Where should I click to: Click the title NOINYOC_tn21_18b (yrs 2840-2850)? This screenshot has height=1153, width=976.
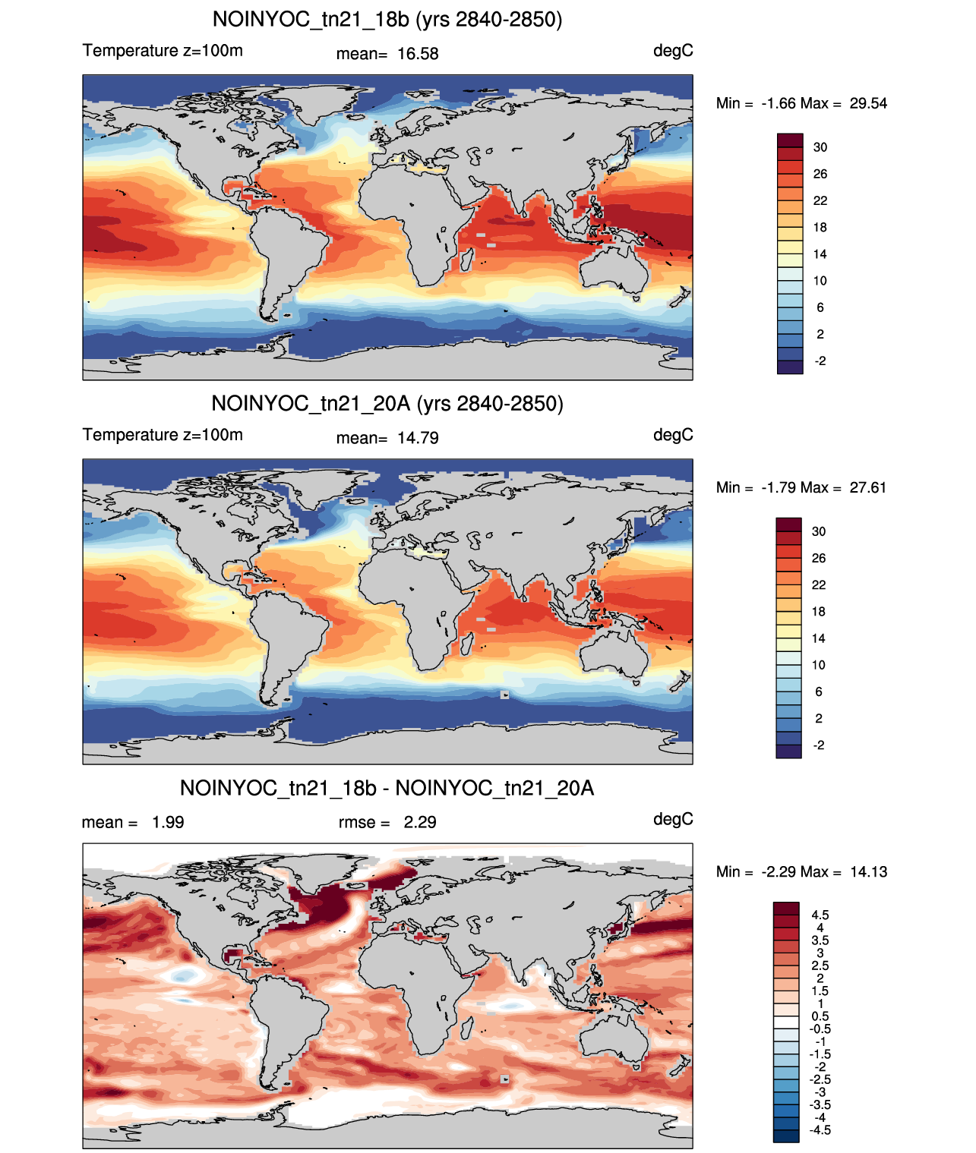[387, 20]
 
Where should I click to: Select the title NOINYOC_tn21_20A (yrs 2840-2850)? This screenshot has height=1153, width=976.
[387, 404]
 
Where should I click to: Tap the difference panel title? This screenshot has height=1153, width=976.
[387, 788]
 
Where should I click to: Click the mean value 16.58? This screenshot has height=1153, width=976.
[418, 54]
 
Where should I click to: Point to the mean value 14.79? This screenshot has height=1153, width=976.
[418, 439]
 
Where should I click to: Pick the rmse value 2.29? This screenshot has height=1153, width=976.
[420, 823]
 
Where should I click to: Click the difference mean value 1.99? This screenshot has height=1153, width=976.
[168, 823]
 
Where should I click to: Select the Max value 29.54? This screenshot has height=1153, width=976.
[868, 104]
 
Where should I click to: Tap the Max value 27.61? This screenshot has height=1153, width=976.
[867, 488]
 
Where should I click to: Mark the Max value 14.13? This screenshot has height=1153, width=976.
[868, 872]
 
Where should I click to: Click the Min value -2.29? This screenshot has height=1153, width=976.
[779, 872]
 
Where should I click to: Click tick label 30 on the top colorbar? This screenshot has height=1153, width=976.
[820, 147]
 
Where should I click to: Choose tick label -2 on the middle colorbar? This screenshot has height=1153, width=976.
[819, 745]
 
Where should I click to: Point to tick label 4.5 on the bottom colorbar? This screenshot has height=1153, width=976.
[820, 915]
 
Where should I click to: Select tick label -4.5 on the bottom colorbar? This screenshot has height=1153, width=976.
[820, 1131]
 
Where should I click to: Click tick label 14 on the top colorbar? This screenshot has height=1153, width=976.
[820, 254]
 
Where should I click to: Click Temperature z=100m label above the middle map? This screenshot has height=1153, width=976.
[163, 435]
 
